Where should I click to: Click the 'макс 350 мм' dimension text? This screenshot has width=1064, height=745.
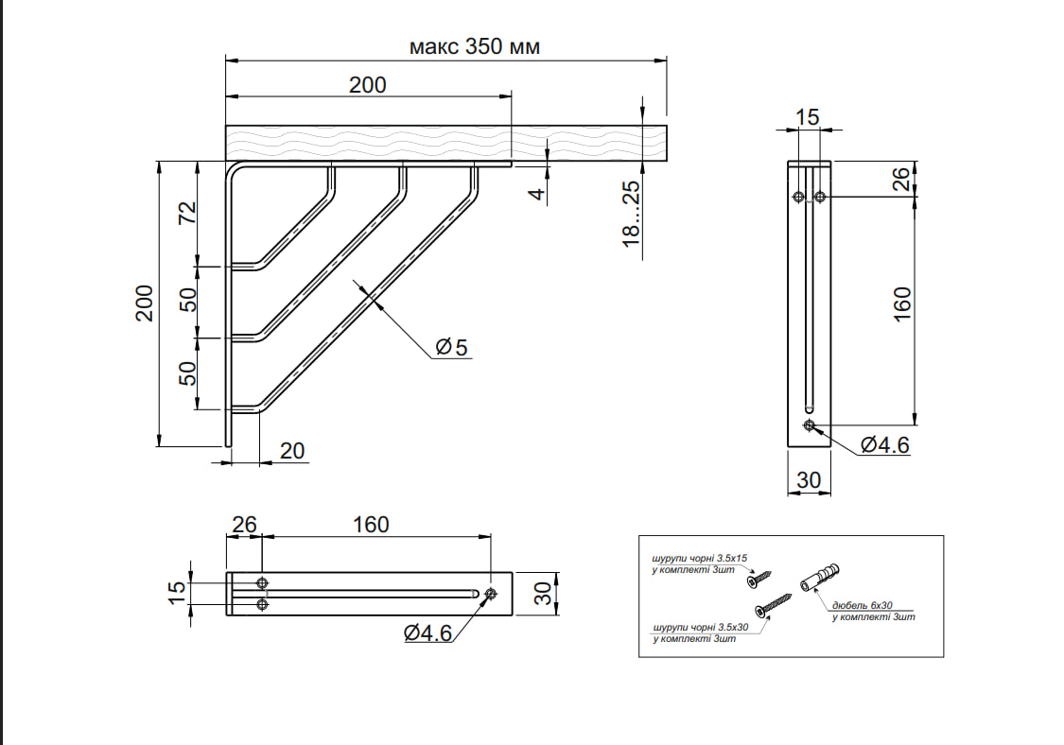click(x=474, y=46)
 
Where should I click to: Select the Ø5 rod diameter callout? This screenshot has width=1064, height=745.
click(x=452, y=348)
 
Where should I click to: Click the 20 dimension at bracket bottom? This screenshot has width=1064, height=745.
click(x=292, y=451)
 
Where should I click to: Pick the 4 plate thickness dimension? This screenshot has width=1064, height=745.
click(x=536, y=193)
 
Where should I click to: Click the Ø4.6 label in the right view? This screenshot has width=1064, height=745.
click(x=885, y=444)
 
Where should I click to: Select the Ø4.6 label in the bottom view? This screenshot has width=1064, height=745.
click(x=428, y=632)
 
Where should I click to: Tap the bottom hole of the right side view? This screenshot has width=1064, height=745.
click(x=809, y=425)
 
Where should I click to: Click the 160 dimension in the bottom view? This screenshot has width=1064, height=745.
click(x=370, y=524)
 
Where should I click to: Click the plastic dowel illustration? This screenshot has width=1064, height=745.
click(x=819, y=575)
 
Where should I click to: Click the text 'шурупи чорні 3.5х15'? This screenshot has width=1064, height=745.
click(x=700, y=560)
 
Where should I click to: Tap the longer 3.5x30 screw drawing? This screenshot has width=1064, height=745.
click(x=773, y=604)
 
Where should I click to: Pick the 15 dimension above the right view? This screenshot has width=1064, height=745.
click(x=806, y=117)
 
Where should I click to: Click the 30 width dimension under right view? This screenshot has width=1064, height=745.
click(x=809, y=479)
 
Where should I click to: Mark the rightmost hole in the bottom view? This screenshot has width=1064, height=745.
click(x=490, y=594)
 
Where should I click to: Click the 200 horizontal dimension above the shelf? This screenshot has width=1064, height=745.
click(x=367, y=85)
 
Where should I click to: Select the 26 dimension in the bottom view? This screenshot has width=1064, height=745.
click(x=244, y=524)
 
